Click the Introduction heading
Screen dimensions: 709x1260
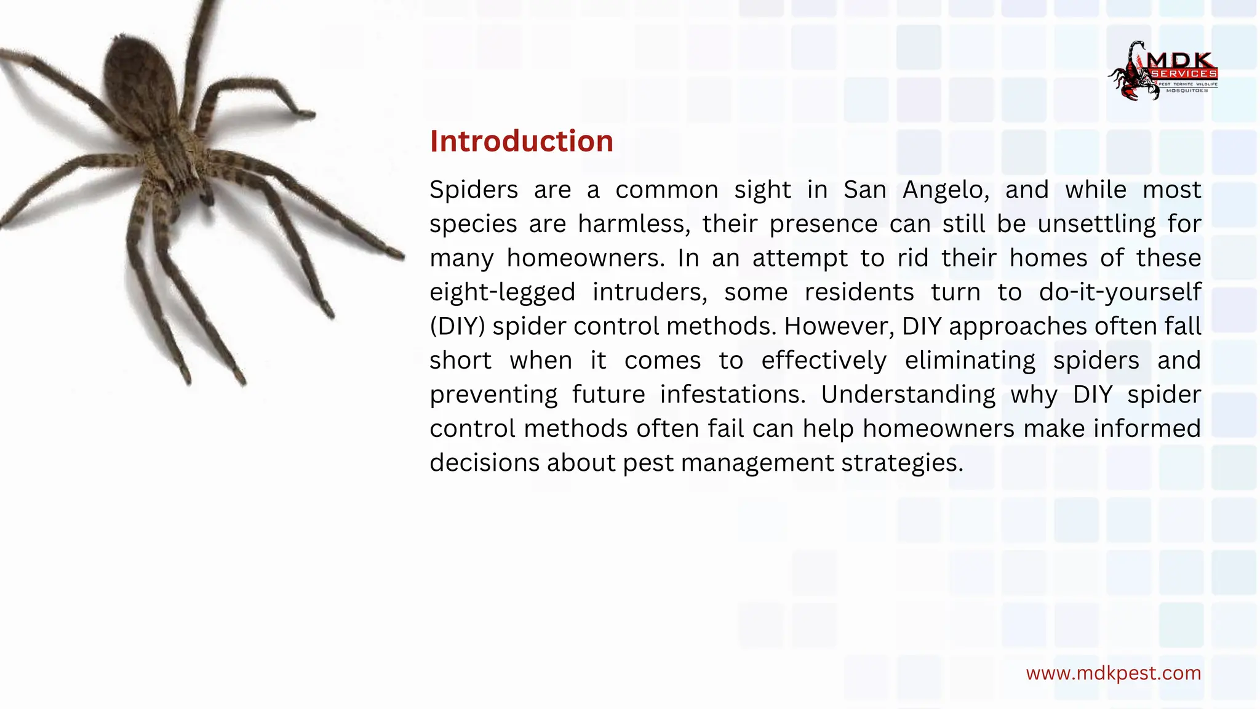(521, 142)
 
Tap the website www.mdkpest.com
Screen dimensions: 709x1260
(1113, 673)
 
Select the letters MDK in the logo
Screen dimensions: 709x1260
(1181, 60)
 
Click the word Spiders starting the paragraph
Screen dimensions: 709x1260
(474, 190)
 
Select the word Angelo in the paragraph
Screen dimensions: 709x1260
(946, 190)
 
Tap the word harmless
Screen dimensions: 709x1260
(634, 224)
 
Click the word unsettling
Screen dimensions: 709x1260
(1096, 224)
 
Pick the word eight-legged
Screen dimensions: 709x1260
(502, 292)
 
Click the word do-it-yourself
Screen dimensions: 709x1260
(1120, 292)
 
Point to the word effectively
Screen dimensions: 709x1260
(824, 361)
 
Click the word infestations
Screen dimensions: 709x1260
(732, 395)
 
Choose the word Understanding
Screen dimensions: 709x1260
(908, 395)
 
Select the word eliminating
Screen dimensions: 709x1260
(970, 361)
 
